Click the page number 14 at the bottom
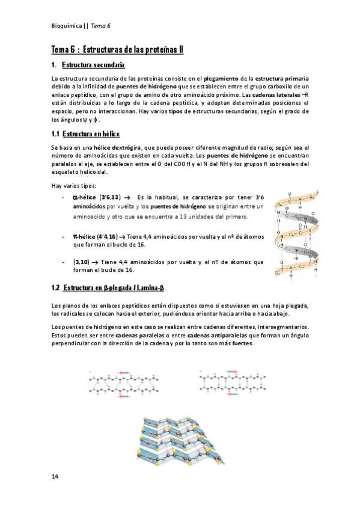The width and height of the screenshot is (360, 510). click(55, 477)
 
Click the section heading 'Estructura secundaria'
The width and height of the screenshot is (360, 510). click(93, 64)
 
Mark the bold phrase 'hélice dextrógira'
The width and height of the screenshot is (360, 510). click(117, 147)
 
